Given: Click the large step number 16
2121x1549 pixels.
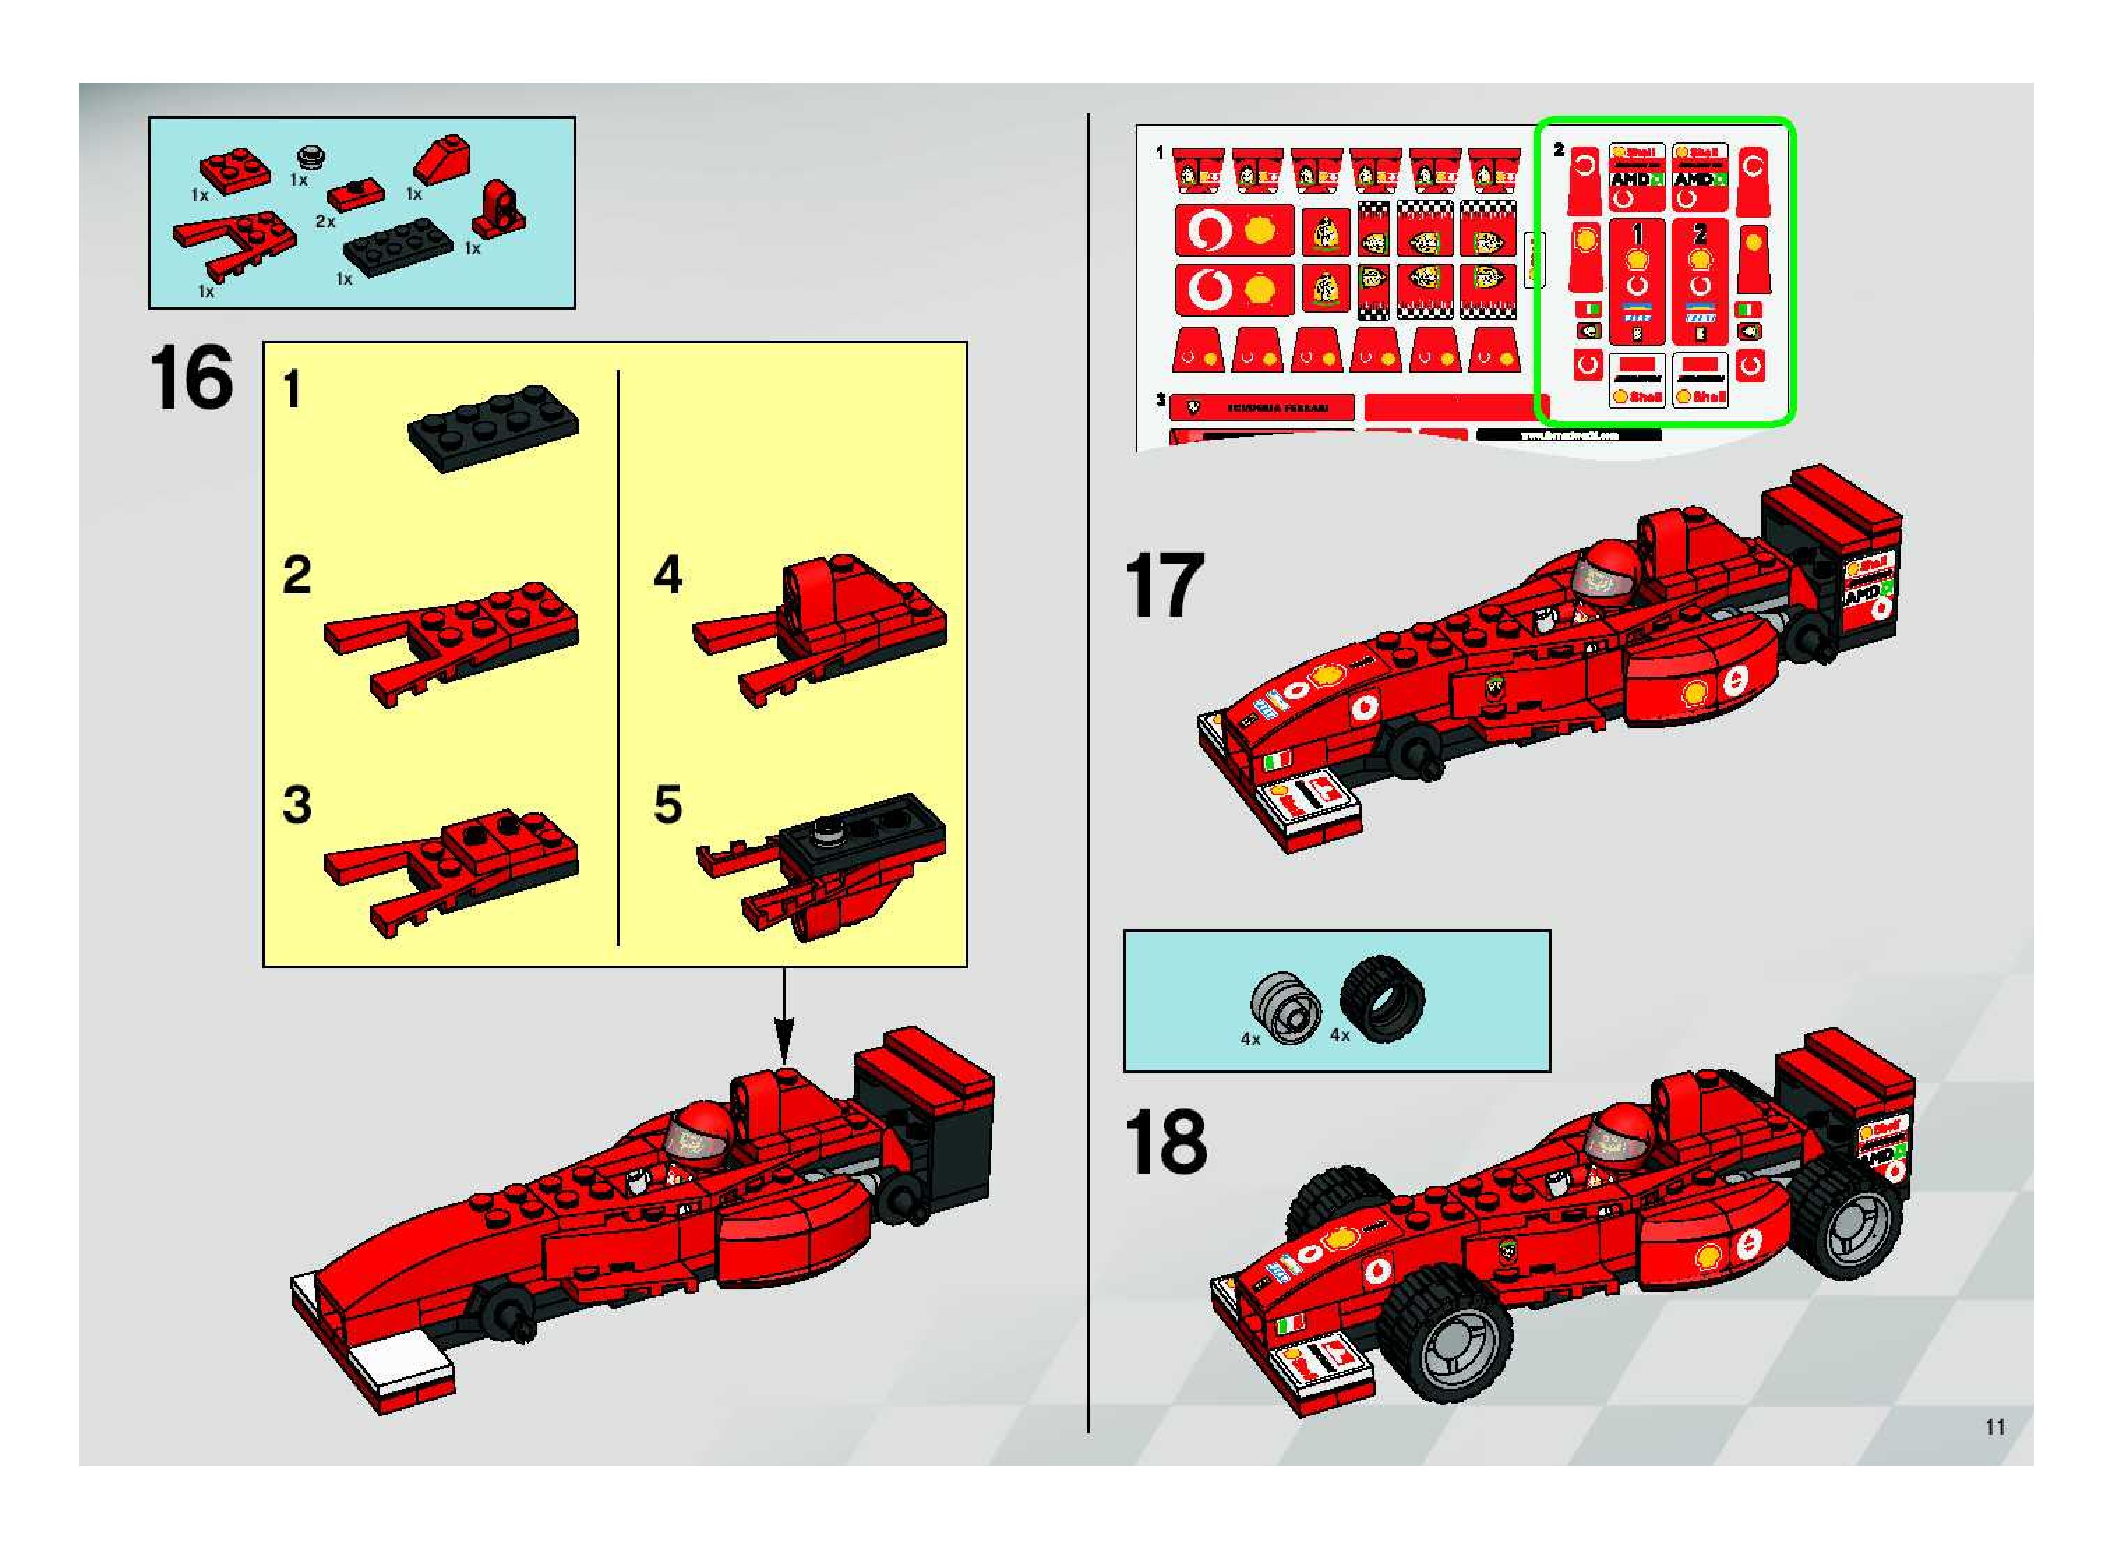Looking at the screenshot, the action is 190,378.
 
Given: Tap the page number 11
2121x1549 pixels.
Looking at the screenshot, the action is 1995,1426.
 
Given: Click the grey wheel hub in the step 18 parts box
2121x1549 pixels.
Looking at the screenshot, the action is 1287,1009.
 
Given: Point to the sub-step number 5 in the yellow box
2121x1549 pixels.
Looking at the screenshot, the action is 668,805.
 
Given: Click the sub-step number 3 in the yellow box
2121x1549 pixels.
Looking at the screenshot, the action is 297,805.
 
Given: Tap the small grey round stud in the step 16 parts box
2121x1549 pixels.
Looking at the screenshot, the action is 310,156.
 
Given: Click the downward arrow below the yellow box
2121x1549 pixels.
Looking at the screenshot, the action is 784,1022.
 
